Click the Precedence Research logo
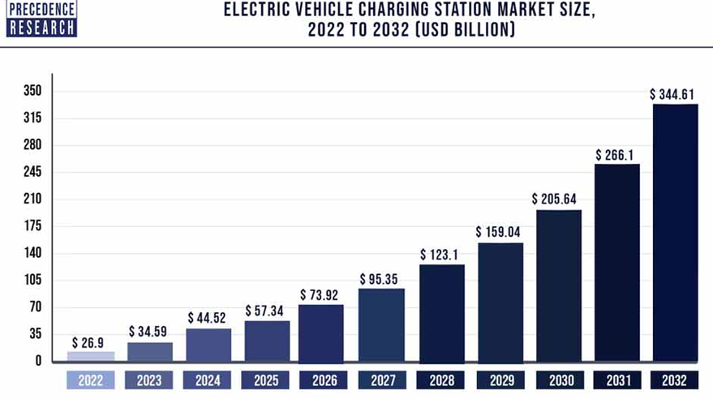41,18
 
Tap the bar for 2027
381,324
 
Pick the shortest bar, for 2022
91,356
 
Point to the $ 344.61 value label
672,94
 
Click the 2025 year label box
265,380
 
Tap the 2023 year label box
149,380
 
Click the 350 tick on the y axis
32,91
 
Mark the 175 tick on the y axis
32,226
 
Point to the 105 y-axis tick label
32,281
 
